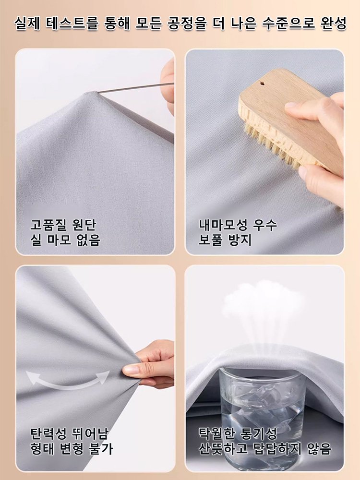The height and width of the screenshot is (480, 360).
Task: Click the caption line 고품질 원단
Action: [x=60, y=225]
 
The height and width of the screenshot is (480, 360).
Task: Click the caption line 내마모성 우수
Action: [x=238, y=225]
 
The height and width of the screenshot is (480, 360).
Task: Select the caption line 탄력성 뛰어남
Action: [x=70, y=434]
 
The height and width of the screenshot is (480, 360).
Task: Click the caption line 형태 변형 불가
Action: [x=72, y=449]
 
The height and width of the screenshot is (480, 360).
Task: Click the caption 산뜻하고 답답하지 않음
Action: [x=264, y=449]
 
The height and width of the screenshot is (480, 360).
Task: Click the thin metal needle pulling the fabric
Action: [x=134, y=88]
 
